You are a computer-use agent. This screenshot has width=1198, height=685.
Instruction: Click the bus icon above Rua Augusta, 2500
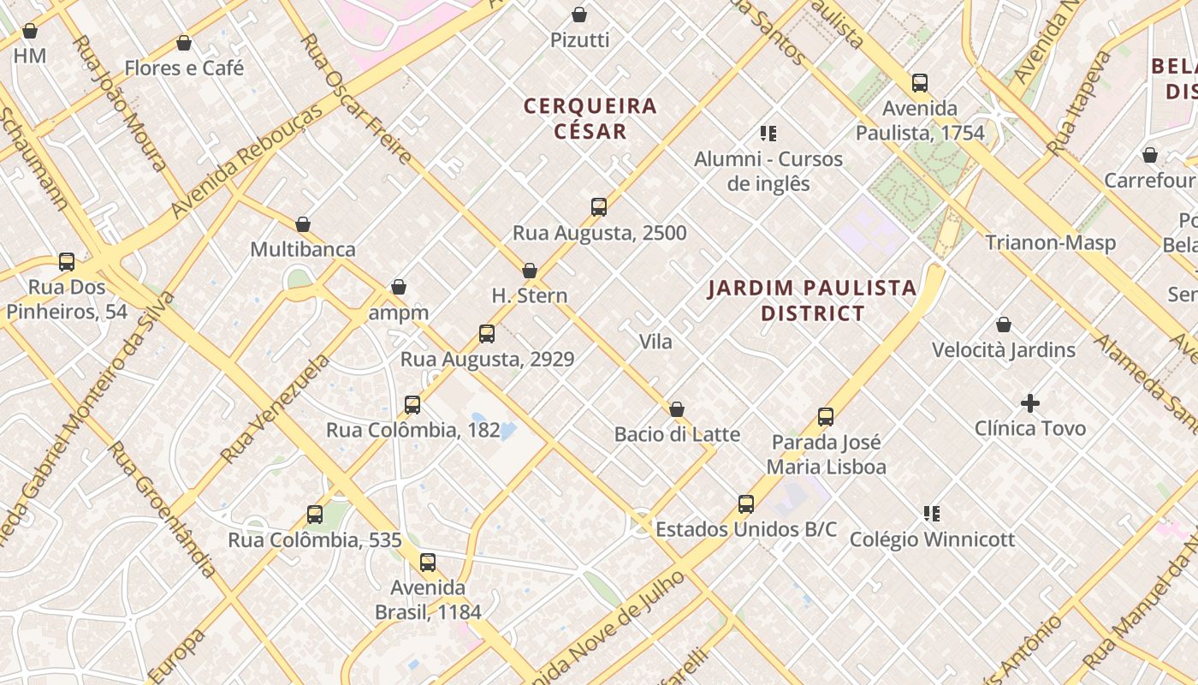[598, 206]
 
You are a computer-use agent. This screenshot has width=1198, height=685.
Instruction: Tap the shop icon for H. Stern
[530, 271]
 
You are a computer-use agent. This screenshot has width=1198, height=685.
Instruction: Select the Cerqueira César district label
[590, 118]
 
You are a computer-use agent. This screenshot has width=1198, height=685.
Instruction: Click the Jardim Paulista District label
[812, 301]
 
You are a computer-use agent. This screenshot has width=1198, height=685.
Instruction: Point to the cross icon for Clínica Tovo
[1030, 402]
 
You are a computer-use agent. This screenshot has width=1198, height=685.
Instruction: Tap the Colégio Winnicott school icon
[932, 514]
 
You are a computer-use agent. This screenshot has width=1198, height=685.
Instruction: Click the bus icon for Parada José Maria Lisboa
[826, 417]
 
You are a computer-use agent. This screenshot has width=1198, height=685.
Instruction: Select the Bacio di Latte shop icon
[677, 409]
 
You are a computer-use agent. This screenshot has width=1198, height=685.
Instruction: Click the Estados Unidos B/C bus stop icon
[746, 503]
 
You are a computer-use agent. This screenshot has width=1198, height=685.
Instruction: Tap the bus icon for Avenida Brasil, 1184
[428, 563]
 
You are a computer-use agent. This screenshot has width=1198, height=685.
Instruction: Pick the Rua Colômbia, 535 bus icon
[315, 515]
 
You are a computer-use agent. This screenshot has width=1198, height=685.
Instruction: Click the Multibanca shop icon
[302, 224]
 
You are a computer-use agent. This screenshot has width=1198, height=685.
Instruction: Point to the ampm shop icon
[399, 287]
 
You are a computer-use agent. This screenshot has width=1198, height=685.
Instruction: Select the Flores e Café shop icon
[184, 43]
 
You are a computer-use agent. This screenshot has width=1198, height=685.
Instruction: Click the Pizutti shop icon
[579, 15]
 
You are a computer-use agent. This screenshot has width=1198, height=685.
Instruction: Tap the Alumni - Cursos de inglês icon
[768, 134]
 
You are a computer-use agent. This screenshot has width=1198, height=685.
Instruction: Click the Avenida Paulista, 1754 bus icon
[920, 83]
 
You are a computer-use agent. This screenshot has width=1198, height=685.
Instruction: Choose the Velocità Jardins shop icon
[1004, 325]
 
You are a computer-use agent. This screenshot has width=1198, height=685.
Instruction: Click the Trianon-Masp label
[1050, 242]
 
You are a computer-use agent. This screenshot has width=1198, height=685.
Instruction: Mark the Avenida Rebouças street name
[248, 161]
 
